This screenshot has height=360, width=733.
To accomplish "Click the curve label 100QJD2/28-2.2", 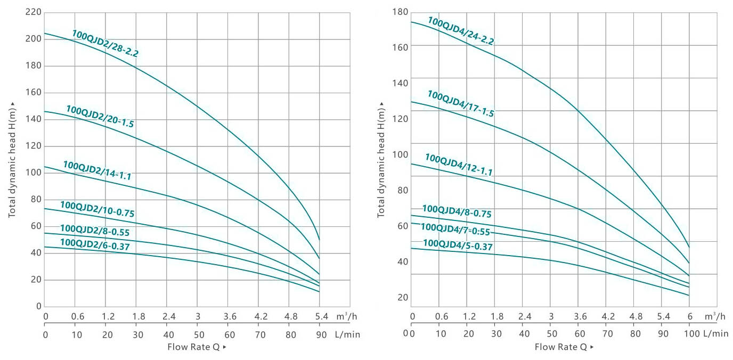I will click(x=105, y=44).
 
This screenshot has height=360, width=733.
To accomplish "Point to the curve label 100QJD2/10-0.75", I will click(x=97, y=209).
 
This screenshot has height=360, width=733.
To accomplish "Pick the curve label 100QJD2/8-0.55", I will click(x=94, y=231).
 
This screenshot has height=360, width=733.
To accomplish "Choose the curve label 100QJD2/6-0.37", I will click(x=95, y=244).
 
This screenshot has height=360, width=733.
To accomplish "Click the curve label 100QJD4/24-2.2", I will click(x=461, y=30).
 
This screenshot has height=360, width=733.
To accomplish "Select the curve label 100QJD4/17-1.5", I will click(x=460, y=103).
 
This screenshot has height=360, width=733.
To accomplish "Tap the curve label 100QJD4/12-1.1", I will click(x=458, y=165).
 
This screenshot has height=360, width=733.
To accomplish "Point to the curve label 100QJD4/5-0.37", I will click(x=458, y=245).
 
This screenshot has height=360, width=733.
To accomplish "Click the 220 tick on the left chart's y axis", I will click(x=33, y=12).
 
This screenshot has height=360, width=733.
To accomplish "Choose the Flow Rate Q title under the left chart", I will click(x=197, y=347).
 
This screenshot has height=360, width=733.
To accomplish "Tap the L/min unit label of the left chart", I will click(x=348, y=334).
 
